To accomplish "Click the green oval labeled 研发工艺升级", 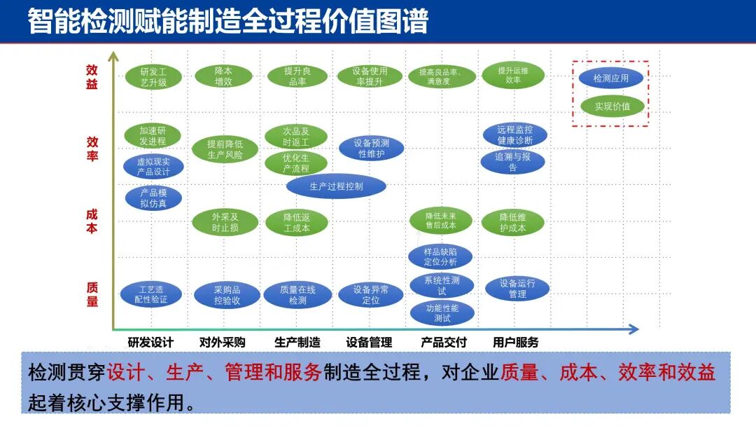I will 153,77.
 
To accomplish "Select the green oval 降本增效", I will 223,76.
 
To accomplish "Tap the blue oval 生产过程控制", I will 336,186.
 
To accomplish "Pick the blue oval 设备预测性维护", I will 371,148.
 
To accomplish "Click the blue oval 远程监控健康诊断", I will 514,135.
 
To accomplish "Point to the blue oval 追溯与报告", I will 512,162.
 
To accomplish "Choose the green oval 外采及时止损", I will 225,222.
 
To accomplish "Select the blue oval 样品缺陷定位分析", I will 440,256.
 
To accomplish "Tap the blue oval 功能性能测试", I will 442,312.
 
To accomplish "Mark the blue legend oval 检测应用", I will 611,78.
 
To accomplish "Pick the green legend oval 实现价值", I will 612,106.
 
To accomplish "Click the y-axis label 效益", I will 92,77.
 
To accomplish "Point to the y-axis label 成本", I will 92,221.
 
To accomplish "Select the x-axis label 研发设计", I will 150,343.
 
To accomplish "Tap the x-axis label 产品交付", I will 443,343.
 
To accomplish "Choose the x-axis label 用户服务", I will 516,343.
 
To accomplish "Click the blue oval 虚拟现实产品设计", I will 153,166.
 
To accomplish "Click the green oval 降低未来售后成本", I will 441,221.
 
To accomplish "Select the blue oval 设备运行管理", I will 517,289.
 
